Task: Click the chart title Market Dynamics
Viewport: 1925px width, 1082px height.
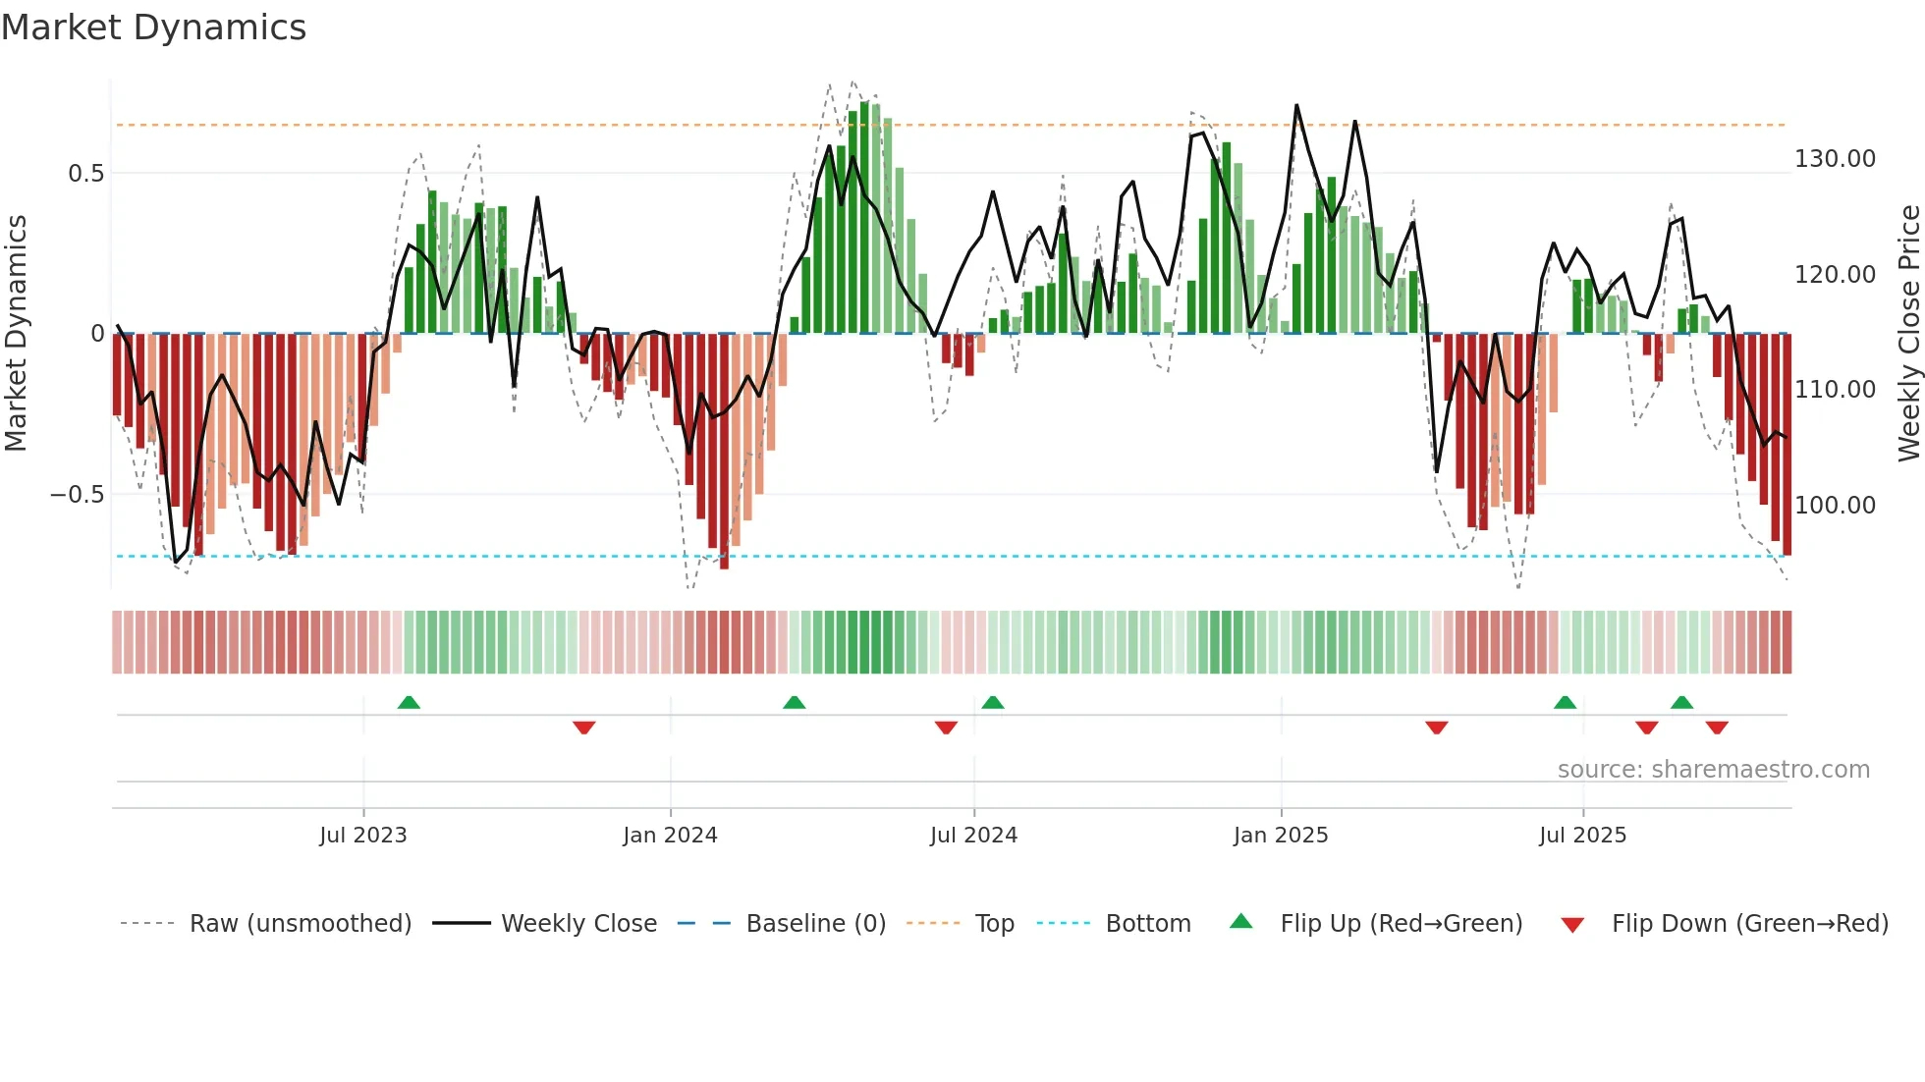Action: (x=153, y=27)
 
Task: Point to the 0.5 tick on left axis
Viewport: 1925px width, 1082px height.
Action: (x=85, y=174)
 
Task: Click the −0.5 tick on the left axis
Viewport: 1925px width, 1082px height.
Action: (x=77, y=495)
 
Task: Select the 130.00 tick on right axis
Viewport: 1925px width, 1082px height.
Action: (x=1835, y=159)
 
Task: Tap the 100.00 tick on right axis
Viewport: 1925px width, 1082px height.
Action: (x=1835, y=506)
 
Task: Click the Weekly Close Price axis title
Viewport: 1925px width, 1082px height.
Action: (x=1908, y=334)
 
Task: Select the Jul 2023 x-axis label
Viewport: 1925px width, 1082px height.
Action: (x=362, y=836)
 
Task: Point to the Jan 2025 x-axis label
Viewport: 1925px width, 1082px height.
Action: (x=1281, y=836)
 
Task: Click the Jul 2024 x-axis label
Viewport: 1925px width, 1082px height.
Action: (x=973, y=836)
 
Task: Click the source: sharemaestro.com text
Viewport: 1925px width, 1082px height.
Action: (x=1713, y=770)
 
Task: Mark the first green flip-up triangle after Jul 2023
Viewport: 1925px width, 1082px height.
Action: (x=409, y=702)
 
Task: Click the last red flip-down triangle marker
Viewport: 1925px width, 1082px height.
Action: (x=1717, y=728)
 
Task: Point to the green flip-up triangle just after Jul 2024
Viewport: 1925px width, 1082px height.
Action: (x=993, y=702)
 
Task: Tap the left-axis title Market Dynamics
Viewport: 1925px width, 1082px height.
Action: (x=16, y=334)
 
